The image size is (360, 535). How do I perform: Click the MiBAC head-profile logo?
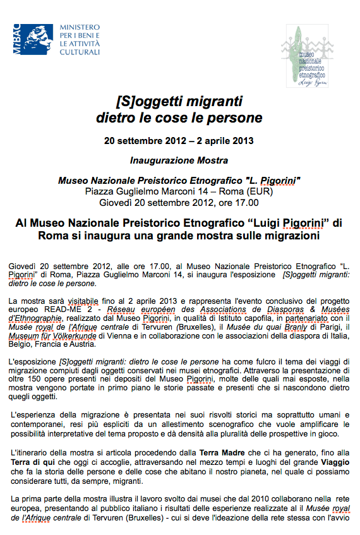[x=32, y=40]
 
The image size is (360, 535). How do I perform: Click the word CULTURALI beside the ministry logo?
[x=80, y=52]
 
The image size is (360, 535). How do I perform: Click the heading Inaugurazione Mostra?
[x=179, y=161]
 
